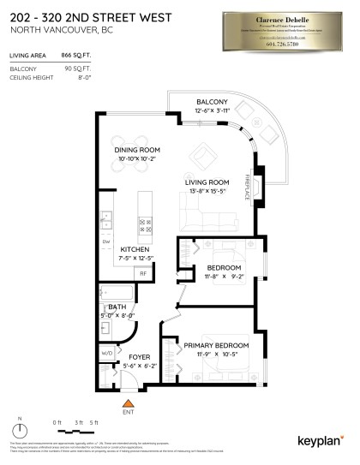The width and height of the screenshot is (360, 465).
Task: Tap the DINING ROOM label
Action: [138, 150]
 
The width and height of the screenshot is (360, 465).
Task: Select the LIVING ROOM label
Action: [208, 182]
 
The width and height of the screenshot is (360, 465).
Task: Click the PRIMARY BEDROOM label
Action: [209, 345]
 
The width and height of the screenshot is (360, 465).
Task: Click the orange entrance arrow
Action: [129, 401]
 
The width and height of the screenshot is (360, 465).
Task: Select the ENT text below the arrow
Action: [129, 412]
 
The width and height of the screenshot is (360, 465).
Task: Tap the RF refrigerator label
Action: [143, 273]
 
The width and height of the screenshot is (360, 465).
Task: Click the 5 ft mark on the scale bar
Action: [94, 423]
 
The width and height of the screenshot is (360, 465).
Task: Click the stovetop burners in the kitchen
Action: [145, 226]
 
